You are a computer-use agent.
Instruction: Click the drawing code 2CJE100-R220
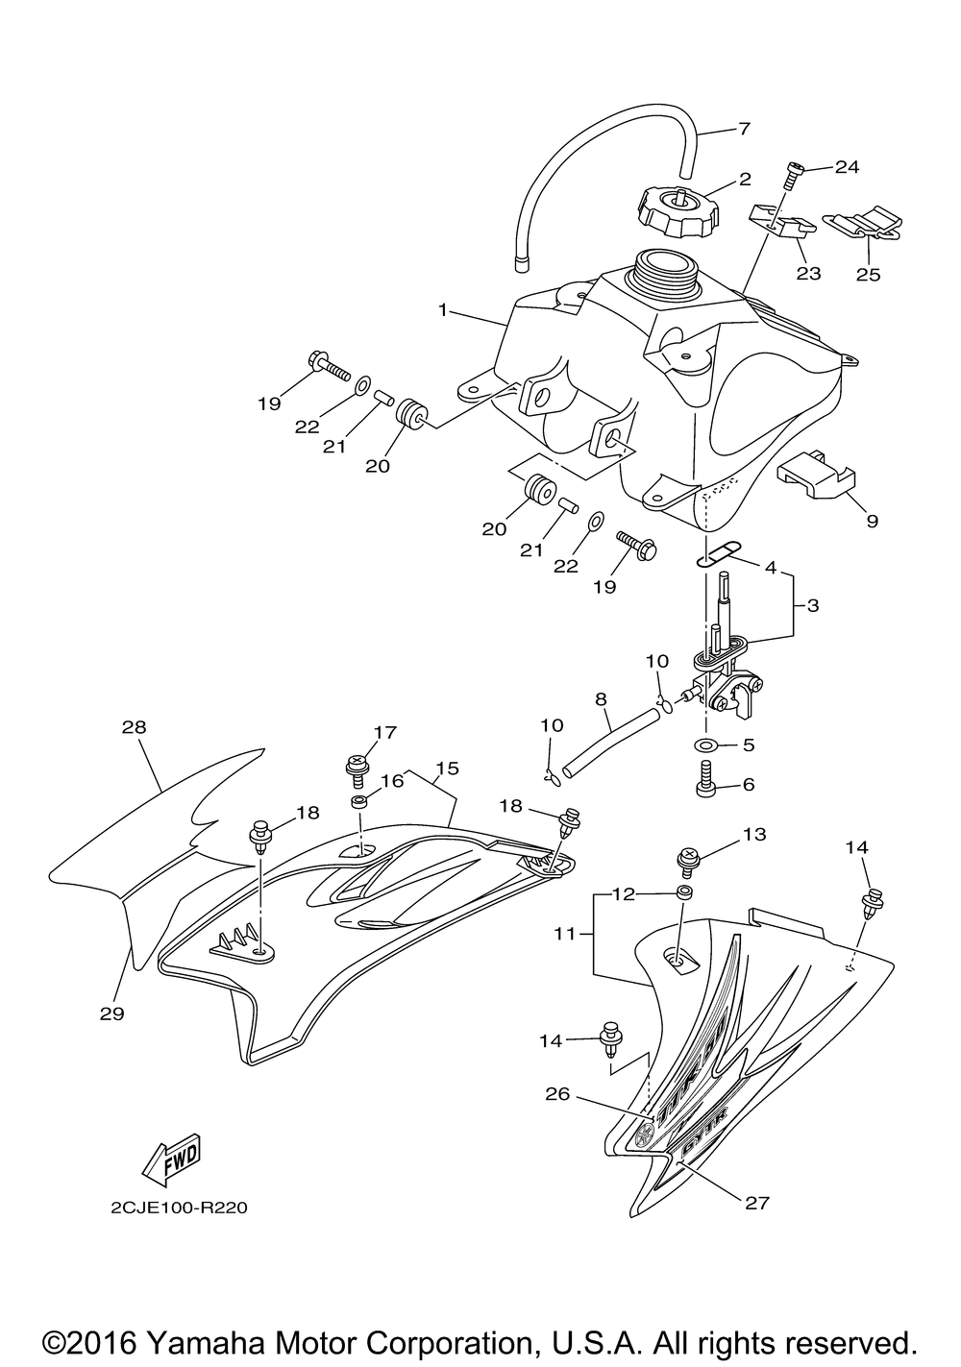(x=179, y=1207)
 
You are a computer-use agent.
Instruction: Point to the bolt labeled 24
(x=794, y=176)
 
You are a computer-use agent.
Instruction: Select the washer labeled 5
(x=706, y=745)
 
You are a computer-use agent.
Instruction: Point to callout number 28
(x=134, y=727)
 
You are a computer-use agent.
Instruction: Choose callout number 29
(x=111, y=1013)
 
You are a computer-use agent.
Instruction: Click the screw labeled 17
(x=357, y=767)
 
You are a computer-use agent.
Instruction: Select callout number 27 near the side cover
(x=757, y=1201)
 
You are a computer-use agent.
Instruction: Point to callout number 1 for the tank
(x=442, y=310)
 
